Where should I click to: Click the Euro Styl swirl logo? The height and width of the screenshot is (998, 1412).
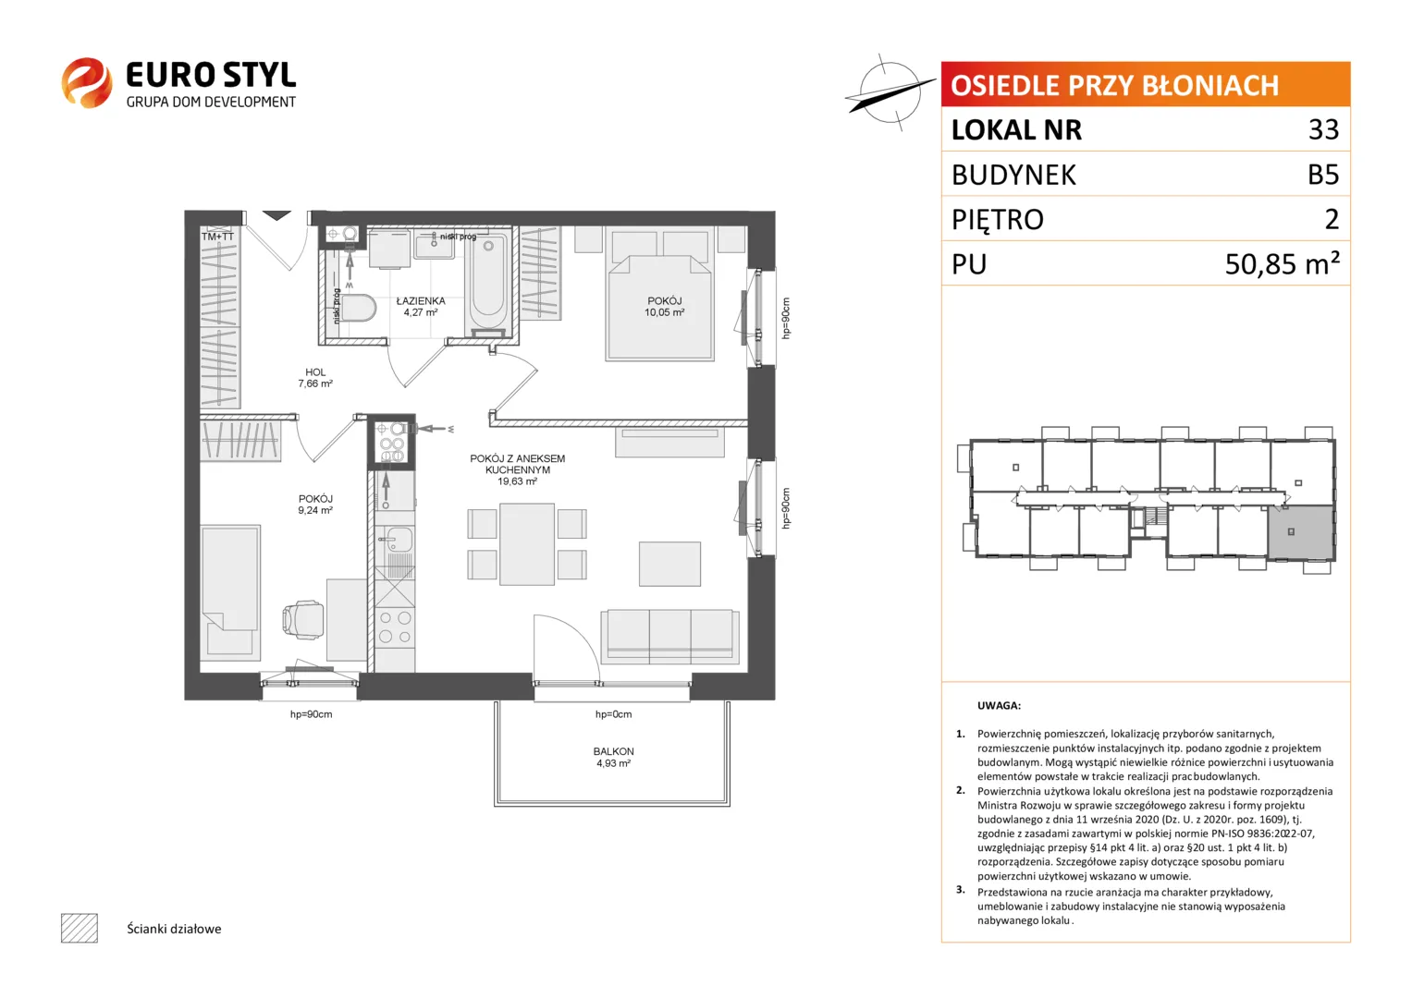tap(87, 82)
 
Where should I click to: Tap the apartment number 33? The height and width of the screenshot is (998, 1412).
tap(1323, 129)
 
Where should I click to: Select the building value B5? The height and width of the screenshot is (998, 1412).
tap(1323, 175)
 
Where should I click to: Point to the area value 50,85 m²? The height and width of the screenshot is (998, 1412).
tap(1282, 263)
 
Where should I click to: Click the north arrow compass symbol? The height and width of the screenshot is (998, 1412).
tap(890, 92)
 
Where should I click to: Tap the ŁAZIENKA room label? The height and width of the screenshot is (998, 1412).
tap(421, 301)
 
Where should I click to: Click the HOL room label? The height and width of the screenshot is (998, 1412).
tap(315, 372)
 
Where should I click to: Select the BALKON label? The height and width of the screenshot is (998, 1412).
tap(613, 751)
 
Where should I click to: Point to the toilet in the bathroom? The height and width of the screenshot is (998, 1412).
tap(358, 308)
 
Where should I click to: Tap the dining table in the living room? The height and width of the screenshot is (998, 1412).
tap(527, 543)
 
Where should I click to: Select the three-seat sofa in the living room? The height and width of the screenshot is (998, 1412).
tap(670, 637)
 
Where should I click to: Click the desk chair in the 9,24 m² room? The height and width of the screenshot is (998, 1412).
tap(303, 620)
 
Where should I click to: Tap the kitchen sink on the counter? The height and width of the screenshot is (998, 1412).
tap(396, 540)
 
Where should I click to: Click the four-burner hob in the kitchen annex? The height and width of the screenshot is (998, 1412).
tap(395, 627)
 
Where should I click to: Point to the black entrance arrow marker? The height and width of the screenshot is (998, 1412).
tap(276, 215)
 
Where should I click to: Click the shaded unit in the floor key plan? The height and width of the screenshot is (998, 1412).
tap(1301, 532)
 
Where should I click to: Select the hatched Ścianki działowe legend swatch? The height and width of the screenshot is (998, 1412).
tap(80, 928)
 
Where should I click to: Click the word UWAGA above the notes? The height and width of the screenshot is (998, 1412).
tap(999, 706)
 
